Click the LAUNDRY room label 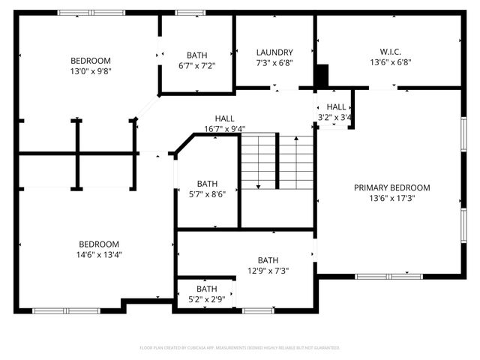[x=274, y=52]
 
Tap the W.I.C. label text [x=390, y=52]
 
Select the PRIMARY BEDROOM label [x=392, y=187]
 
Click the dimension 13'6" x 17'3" [x=392, y=199]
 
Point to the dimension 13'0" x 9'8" [x=91, y=72]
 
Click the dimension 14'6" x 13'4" [x=99, y=254]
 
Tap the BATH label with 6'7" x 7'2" [x=196, y=55]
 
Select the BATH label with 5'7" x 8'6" [x=207, y=184]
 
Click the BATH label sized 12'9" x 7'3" [x=268, y=260]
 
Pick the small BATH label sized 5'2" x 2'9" [x=206, y=289]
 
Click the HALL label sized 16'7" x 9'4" [x=224, y=118]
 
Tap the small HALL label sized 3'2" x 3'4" [x=336, y=107]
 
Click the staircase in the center [x=276, y=161]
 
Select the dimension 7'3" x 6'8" [x=274, y=63]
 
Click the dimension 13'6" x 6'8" [x=390, y=63]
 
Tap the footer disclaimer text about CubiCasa [x=240, y=348]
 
